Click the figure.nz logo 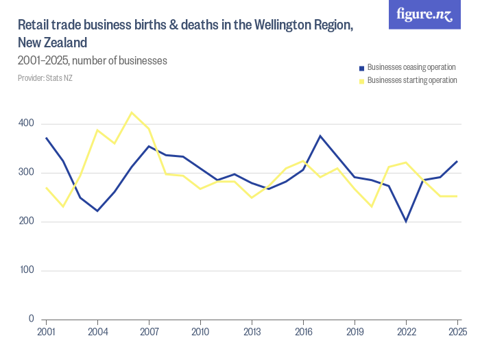(424, 14)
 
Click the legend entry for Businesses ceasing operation (411, 67)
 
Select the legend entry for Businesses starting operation (412, 80)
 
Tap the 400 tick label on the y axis (26, 123)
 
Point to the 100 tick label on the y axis (26, 270)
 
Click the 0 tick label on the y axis (31, 320)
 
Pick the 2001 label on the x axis (46, 333)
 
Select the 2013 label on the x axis (252, 333)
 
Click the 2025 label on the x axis (457, 333)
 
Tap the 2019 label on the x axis (355, 333)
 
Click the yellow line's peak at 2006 (132, 112)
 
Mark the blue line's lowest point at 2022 (406, 221)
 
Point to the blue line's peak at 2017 (320, 136)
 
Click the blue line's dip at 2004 (97, 211)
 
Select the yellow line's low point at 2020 (372, 206)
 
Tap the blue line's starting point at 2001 (46, 138)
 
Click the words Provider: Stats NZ (45, 78)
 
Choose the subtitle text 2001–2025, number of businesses (93, 60)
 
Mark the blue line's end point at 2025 (457, 161)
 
